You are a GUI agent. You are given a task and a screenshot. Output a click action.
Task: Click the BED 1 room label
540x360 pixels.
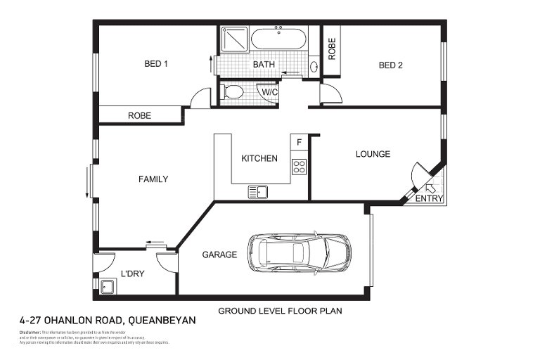coord(155,64)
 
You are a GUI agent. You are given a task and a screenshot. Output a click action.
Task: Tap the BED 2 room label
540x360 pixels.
coord(390,65)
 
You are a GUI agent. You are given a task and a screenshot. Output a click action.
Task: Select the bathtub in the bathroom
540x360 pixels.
coord(278,39)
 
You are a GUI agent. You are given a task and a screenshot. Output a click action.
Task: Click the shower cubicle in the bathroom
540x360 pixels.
coord(233,39)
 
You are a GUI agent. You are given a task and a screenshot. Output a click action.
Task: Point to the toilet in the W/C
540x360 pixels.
coord(232,91)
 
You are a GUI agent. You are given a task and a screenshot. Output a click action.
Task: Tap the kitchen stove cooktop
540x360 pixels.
coord(299,167)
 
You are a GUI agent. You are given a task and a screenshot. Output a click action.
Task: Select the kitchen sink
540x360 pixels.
coord(257,191)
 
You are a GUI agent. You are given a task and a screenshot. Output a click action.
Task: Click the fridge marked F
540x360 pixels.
coord(299,143)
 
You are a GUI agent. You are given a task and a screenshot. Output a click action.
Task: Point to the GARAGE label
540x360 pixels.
coord(219,255)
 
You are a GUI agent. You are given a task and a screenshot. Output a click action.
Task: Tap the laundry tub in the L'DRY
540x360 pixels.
coord(108,286)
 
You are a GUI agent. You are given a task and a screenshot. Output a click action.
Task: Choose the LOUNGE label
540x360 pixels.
coord(373,154)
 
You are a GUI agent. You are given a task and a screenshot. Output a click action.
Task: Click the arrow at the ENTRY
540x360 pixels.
coord(431,187)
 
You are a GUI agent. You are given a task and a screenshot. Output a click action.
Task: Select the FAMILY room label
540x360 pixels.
coord(153,179)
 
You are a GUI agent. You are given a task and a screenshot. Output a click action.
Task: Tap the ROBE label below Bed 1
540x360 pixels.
coord(140,116)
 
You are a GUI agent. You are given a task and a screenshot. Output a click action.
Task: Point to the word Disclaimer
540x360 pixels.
coord(30,332)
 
